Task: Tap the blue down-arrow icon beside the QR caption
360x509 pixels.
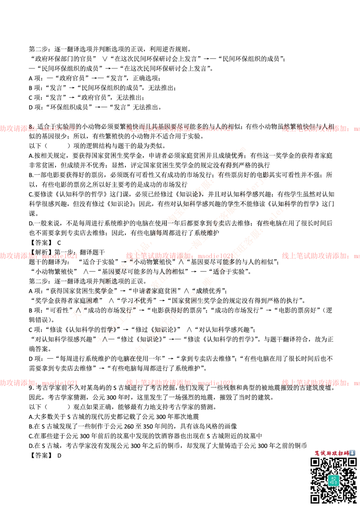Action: pos(352,453)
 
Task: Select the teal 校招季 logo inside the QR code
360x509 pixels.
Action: pos(333,480)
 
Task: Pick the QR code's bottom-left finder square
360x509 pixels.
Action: pos(315,499)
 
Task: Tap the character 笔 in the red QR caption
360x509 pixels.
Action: pos(317,453)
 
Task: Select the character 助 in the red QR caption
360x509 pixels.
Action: pos(329,453)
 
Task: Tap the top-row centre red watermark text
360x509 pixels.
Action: pos(179,128)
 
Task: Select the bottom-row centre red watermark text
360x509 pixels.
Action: pos(179,383)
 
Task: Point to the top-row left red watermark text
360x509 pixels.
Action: pos(38,128)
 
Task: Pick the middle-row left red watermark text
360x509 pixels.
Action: pos(38,256)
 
